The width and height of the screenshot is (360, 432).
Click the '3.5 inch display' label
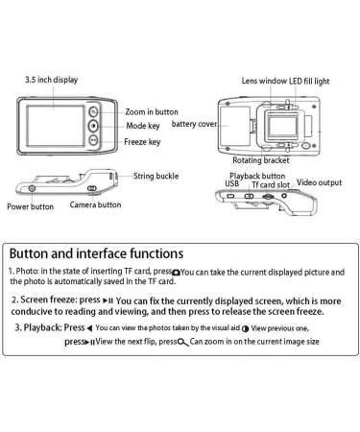(x=52, y=80)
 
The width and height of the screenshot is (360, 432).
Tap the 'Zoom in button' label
(x=152, y=112)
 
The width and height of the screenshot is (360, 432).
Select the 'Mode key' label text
(x=143, y=126)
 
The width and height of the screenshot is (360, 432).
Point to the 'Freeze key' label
(x=142, y=142)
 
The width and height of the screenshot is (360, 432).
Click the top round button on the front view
(x=93, y=111)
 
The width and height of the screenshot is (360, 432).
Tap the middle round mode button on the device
(x=93, y=126)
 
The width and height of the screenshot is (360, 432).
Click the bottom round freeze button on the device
(x=93, y=140)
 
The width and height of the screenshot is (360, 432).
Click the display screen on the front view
(x=56, y=126)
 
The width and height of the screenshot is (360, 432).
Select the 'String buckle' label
(x=156, y=176)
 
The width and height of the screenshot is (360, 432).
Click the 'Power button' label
(x=31, y=206)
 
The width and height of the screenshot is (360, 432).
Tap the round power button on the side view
(x=32, y=188)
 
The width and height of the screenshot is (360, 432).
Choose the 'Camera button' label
(x=95, y=204)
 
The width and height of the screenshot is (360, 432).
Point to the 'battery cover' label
(x=194, y=124)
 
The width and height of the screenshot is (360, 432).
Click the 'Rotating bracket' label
(x=261, y=160)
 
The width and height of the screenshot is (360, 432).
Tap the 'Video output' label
(x=319, y=182)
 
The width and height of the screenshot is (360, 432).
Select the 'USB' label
(x=232, y=183)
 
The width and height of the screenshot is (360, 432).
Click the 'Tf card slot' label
(x=271, y=184)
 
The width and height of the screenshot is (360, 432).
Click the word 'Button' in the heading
(x=29, y=253)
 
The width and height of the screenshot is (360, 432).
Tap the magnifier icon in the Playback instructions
(x=183, y=342)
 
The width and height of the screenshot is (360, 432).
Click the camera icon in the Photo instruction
(x=176, y=273)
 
